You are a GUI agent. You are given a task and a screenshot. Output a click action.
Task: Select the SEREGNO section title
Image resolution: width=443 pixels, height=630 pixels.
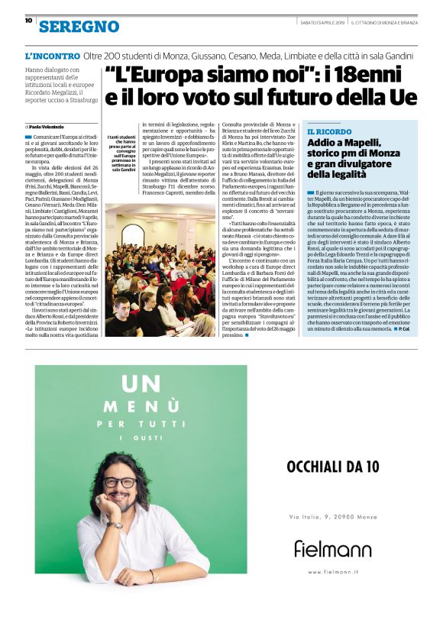click(x=79, y=27)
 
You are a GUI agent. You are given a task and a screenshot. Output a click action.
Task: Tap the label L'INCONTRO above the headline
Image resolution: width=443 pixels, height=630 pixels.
click(x=52, y=57)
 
